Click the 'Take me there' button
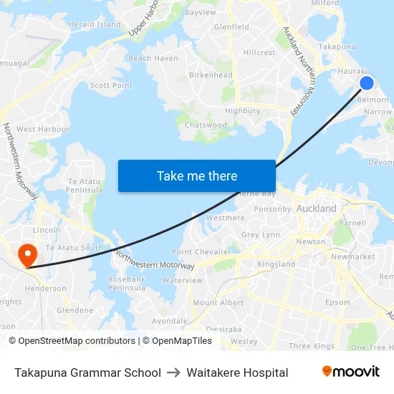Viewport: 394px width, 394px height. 197,176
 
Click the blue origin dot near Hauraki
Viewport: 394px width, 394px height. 366,83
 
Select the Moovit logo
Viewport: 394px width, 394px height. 351,372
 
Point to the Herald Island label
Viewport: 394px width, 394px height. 95,24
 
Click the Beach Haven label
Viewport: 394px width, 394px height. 153,58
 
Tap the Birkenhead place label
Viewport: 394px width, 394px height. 211,75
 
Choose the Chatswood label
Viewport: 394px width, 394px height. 206,125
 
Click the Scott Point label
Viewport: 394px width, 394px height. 111,85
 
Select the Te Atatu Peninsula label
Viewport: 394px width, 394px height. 85,186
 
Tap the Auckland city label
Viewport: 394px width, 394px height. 316,208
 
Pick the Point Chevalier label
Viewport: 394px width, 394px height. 201,252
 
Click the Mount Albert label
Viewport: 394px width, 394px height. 218,303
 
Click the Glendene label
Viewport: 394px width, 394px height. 75,310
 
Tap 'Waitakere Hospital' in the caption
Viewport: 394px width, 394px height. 237,373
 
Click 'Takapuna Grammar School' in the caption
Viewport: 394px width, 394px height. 87,373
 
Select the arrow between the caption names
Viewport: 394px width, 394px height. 174,373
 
